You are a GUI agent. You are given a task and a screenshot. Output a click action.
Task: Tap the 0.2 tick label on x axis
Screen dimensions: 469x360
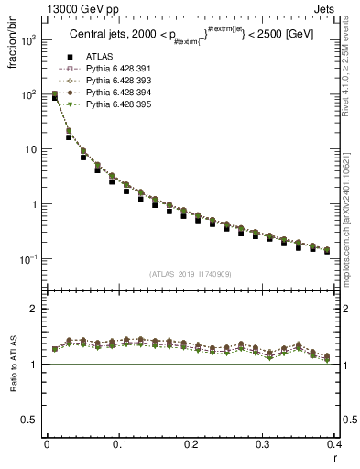[x=191, y=443]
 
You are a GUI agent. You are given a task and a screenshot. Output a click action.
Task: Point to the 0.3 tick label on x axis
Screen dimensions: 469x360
[x=264, y=443]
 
